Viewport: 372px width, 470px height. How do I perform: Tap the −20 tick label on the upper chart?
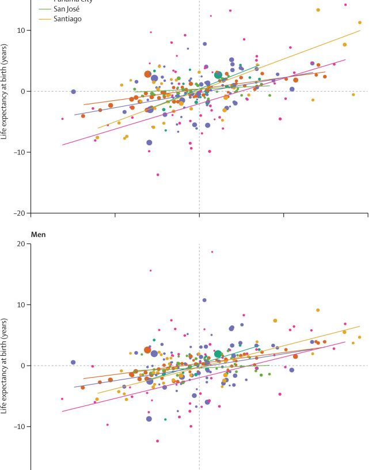coord(20,213)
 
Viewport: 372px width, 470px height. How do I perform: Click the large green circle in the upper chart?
coord(218,75)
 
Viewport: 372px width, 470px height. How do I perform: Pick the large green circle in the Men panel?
coord(218,354)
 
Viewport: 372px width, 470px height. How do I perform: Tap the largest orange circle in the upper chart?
coord(148,74)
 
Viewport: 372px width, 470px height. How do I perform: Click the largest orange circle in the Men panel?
coord(147,350)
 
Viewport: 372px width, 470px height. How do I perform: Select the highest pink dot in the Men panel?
coord(212,252)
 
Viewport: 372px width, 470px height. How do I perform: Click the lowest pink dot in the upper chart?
coord(158,175)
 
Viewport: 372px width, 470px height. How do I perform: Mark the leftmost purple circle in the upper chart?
coord(73,92)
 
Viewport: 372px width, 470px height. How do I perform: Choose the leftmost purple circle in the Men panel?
coord(73,362)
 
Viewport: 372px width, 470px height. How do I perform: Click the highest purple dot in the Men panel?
coord(204,300)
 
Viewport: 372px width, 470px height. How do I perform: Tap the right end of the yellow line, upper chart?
coord(360,31)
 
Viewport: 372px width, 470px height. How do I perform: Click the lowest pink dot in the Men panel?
coord(157,441)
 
